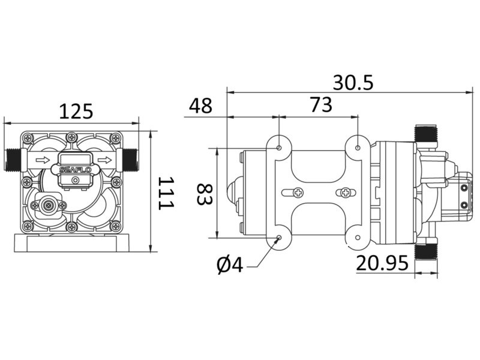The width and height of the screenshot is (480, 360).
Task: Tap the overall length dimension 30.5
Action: (x=353, y=82)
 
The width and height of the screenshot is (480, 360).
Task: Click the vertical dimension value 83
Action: (x=205, y=193)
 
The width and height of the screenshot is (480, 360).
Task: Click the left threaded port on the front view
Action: (x=14, y=159)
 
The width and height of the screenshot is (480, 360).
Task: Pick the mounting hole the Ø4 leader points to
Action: (x=279, y=239)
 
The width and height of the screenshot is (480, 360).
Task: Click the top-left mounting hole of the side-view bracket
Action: (x=279, y=147)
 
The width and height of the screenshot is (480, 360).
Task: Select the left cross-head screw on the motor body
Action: (x=298, y=193)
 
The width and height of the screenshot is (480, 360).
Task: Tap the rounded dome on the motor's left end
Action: (x=232, y=193)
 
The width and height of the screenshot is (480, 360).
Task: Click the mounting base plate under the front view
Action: (x=75, y=244)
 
